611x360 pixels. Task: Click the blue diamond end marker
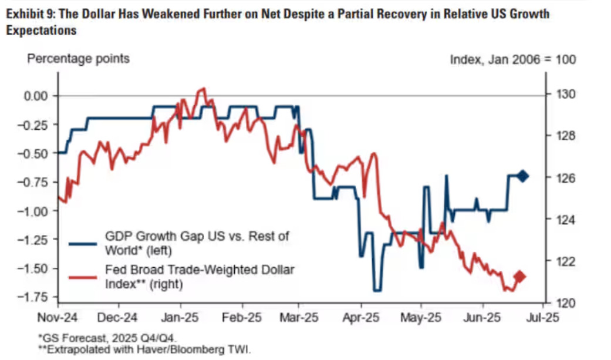click(x=522, y=176)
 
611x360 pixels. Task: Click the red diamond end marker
click(x=520, y=277)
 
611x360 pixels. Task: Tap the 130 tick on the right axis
click(x=560, y=95)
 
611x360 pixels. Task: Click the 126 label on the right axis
click(x=560, y=178)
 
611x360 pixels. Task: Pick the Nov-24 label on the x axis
click(x=58, y=318)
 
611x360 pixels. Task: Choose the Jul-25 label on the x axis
click(x=541, y=318)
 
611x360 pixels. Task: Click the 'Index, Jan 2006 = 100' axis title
click(x=512, y=59)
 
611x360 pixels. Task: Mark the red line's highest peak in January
click(x=203, y=89)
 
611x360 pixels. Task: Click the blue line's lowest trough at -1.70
click(x=377, y=290)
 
